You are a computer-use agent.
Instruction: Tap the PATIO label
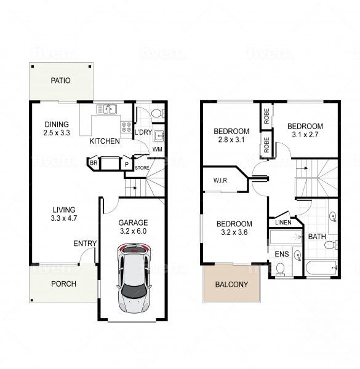click(x=60, y=81)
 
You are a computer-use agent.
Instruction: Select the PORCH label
click(x=63, y=284)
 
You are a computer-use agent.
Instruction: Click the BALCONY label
click(x=231, y=284)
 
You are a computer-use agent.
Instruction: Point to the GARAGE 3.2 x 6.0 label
click(x=134, y=227)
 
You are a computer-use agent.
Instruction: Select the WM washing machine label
click(x=157, y=149)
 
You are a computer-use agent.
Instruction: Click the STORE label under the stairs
click(x=142, y=167)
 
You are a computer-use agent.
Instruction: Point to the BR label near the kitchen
click(x=94, y=164)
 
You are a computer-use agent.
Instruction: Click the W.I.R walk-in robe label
click(x=222, y=181)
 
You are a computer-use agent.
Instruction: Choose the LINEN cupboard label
click(x=282, y=223)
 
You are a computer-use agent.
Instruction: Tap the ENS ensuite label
click(x=282, y=253)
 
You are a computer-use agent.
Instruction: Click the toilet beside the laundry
click(x=156, y=113)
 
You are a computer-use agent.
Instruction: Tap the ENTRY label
click(x=85, y=244)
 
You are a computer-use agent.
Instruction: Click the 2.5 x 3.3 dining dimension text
click(x=57, y=133)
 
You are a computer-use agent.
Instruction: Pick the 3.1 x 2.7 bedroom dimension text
click(x=306, y=135)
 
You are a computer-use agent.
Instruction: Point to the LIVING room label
click(x=63, y=209)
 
